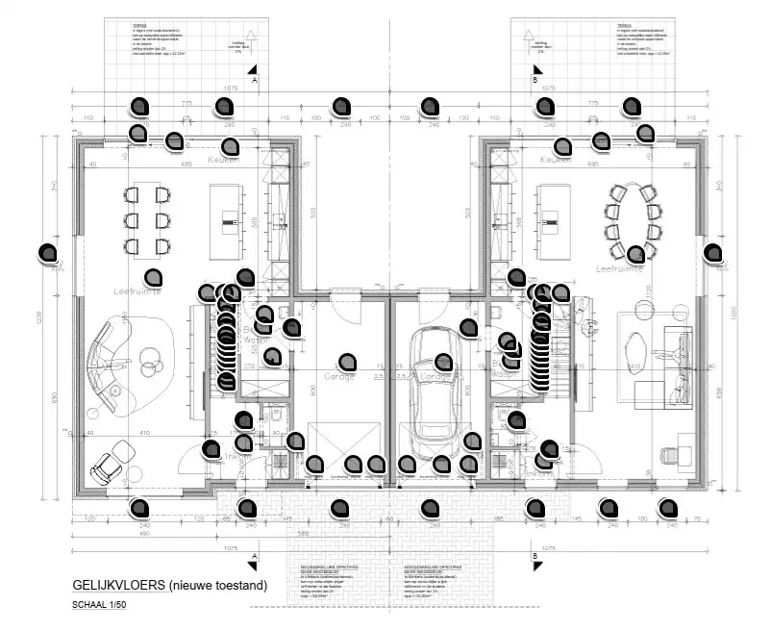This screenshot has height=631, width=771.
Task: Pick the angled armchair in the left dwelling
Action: pyautogui.click(x=108, y=467)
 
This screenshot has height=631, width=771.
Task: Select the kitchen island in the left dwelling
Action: pyautogui.click(x=228, y=222)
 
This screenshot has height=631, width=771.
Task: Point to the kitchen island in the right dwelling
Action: pyautogui.click(x=553, y=221)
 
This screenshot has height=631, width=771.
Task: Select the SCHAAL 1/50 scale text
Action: pyautogui.click(x=99, y=606)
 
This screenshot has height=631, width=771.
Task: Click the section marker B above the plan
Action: pyautogui.click(x=535, y=83)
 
